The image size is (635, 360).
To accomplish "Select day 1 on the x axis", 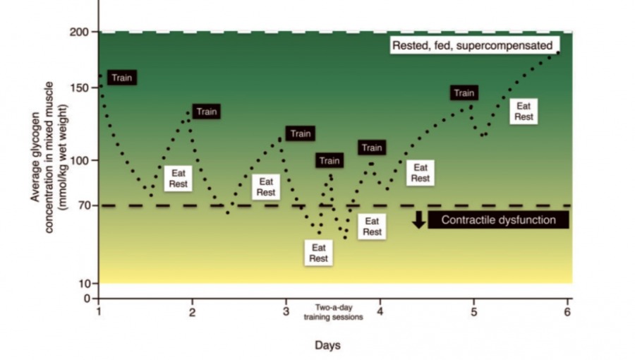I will (x=99, y=311).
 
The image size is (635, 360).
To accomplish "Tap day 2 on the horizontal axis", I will (x=192, y=311).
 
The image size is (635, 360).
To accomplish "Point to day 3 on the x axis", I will (x=286, y=311).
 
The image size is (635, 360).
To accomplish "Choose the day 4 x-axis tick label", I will (x=380, y=311).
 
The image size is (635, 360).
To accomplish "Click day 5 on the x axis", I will (x=473, y=311).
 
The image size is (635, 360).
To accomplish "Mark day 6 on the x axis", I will (x=567, y=311).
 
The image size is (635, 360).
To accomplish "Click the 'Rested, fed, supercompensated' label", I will (x=472, y=45).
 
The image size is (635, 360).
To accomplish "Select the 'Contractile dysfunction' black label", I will (x=498, y=220).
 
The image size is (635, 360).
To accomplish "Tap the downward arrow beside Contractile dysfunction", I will (x=418, y=220).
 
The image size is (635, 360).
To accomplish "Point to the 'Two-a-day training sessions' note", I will (x=333, y=313).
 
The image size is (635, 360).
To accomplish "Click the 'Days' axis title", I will (x=328, y=345).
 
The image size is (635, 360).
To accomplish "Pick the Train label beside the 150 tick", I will (x=121, y=78).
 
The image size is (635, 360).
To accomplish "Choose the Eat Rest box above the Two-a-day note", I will (x=318, y=253).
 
